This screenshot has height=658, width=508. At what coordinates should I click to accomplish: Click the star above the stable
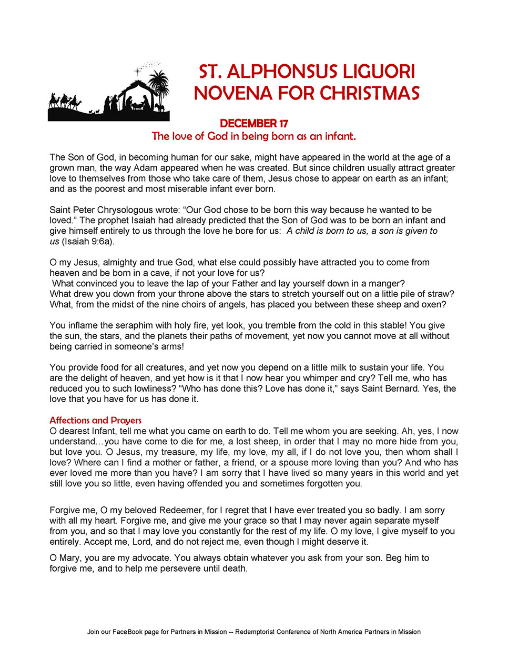(x=139, y=70)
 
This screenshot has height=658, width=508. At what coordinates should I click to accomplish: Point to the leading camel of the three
(x=76, y=101)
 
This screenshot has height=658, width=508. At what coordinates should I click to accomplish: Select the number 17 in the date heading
(x=283, y=123)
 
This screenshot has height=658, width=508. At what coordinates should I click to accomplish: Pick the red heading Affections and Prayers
(x=95, y=420)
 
